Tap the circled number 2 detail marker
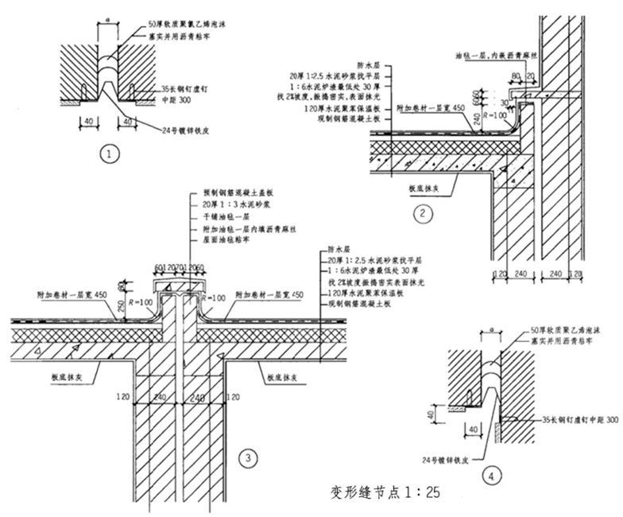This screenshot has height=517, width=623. point(424,212)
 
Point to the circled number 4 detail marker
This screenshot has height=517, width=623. point(493,476)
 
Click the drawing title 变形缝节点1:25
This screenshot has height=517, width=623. point(384,492)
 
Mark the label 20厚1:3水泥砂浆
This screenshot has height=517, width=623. point(223,206)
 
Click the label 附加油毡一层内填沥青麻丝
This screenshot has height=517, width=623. point(234,228)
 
